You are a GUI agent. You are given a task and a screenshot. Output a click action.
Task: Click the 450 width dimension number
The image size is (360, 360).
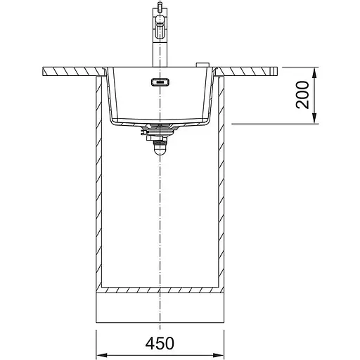click(160, 344)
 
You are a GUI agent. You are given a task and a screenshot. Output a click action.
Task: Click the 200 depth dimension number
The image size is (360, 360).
click(302, 95)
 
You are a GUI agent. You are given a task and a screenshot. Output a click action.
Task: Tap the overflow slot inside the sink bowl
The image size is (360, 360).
click(160, 82)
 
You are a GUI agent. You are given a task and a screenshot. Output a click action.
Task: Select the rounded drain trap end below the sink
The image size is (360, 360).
click(160, 150)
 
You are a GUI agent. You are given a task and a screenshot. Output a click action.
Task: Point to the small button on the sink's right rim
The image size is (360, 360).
click(202, 65)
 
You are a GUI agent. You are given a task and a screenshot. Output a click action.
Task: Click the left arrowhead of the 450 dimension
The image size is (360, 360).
click(101, 355)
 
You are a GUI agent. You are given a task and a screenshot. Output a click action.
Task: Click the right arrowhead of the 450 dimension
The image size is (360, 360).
click(219, 355)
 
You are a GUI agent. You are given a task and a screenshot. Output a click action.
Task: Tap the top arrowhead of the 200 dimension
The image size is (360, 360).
click(314, 72)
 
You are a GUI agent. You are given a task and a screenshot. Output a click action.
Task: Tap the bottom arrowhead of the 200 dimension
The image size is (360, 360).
click(314, 118)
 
